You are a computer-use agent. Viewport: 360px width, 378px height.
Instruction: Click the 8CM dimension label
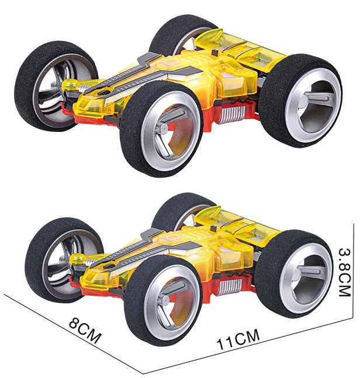(84, 331)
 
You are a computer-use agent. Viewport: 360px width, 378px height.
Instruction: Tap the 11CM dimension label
(238, 339)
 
